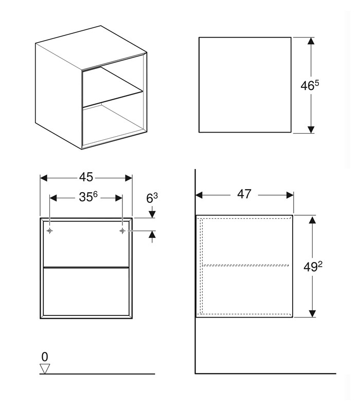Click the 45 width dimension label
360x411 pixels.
point(86,177)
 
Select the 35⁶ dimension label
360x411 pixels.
point(88,197)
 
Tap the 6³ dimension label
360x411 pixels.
point(152,198)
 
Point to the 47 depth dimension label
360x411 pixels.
point(244,194)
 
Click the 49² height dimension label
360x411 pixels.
point(313,267)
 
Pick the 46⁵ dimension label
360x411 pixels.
point(310,85)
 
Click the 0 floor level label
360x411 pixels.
point(45,357)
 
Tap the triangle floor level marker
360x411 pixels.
point(45,369)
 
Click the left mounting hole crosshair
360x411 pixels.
point(49,231)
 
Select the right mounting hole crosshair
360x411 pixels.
point(122,231)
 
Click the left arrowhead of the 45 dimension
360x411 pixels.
point(44,178)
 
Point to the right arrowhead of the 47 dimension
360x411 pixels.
point(290,195)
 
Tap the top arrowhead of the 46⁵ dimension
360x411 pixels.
point(311,41)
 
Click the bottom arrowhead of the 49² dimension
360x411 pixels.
point(312,313)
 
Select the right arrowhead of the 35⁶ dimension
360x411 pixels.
point(119,198)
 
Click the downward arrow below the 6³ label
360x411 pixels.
point(152,212)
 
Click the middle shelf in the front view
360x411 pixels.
point(86,267)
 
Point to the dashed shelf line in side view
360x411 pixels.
point(245,265)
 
